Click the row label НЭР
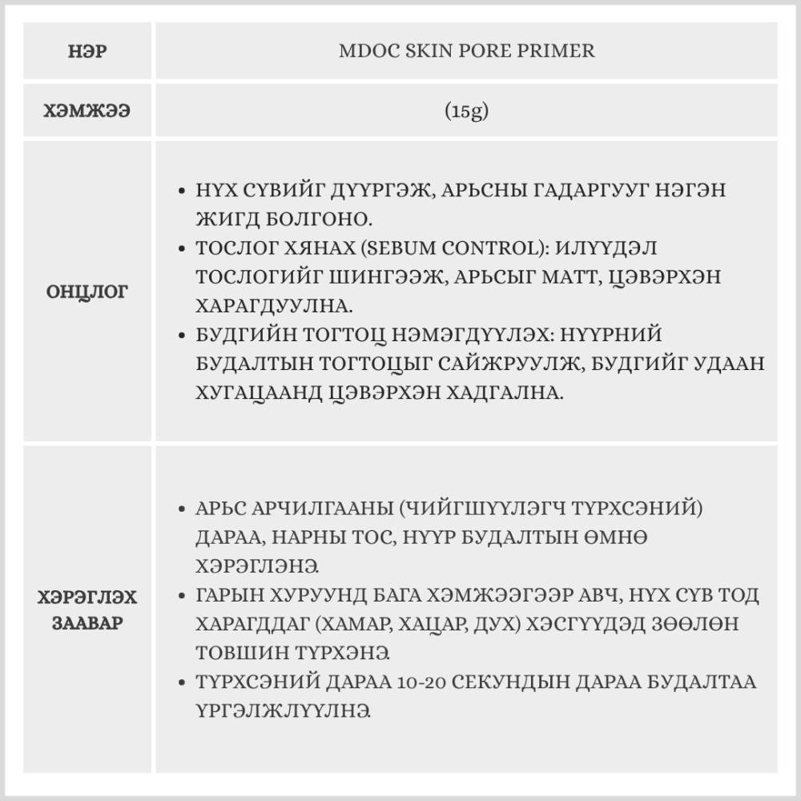pyautogui.click(x=88, y=51)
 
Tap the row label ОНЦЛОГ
pyautogui.click(x=88, y=292)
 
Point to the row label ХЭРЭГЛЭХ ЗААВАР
pyautogui.click(x=88, y=610)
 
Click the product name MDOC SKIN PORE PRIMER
pyautogui.click(x=467, y=51)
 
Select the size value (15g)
pyautogui.click(x=467, y=111)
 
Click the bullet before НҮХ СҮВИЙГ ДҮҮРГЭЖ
pyautogui.click(x=181, y=191)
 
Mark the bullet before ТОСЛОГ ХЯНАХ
pyautogui.click(x=181, y=249)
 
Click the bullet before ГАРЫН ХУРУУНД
pyautogui.click(x=181, y=597)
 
